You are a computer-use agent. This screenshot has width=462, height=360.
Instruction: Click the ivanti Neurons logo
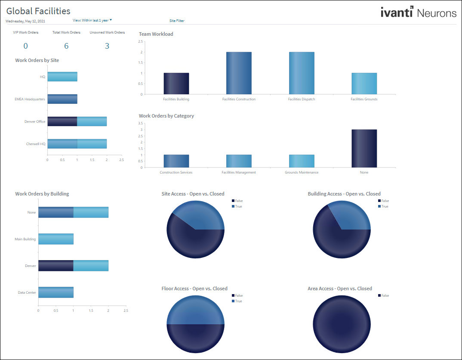tap(418, 12)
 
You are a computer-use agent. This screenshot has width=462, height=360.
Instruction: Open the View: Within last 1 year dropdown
tap(92, 20)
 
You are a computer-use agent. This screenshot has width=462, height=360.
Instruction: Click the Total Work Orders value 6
tap(66, 46)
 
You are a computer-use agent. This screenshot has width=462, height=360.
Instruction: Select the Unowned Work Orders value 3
tap(107, 46)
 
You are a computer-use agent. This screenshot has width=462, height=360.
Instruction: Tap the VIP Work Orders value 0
tap(26, 46)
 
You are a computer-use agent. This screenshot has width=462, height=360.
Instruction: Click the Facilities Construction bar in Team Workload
tap(239, 73)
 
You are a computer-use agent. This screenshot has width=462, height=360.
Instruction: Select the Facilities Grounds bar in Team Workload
tap(364, 84)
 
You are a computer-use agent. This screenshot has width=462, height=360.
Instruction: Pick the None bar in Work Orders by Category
tap(364, 149)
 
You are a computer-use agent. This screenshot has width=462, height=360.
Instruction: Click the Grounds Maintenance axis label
tap(302, 172)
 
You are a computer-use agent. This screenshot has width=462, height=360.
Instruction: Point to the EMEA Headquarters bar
tap(62, 99)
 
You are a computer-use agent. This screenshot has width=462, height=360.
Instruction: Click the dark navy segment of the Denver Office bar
tap(62, 121)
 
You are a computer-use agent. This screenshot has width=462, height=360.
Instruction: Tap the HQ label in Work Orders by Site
tap(43, 77)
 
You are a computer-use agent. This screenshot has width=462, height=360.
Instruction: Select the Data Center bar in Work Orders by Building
tap(56, 292)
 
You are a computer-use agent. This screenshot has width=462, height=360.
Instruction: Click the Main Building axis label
tap(25, 239)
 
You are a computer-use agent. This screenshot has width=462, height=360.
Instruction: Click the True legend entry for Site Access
tap(238, 206)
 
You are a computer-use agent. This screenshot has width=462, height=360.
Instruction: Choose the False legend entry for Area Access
tap(385, 295)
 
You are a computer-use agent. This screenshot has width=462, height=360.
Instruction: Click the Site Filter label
tap(177, 20)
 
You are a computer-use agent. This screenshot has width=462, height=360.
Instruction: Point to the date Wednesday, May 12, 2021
tap(25, 21)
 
